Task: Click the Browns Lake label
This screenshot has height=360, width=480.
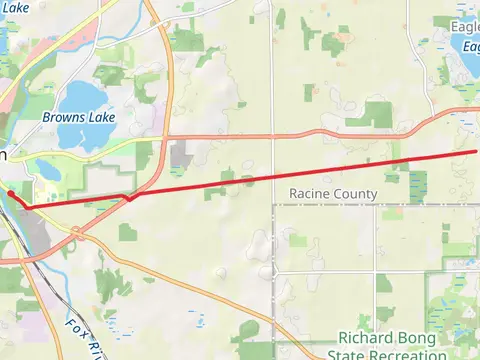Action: pyautogui.click(x=79, y=117)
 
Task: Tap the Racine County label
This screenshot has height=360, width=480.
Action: pyautogui.click(x=333, y=193)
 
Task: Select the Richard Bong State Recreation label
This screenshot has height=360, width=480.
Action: pyautogui.click(x=391, y=346)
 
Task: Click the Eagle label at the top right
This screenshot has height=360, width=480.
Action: pyautogui.click(x=465, y=27)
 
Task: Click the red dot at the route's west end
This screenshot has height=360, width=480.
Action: pyautogui.click(x=9, y=193)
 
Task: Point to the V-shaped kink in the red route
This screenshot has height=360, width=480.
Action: pyautogui.click(x=128, y=199)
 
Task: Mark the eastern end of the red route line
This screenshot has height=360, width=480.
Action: pyautogui.click(x=476, y=151)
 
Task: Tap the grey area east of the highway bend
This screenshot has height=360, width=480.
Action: pyautogui.click(x=182, y=156)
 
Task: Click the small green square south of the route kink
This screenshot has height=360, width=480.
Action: pyautogui.click(x=127, y=232)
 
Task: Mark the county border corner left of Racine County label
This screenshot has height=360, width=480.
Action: pyautogui.click(x=274, y=206)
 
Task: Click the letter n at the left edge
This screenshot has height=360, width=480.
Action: pyautogui.click(x=3, y=156)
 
